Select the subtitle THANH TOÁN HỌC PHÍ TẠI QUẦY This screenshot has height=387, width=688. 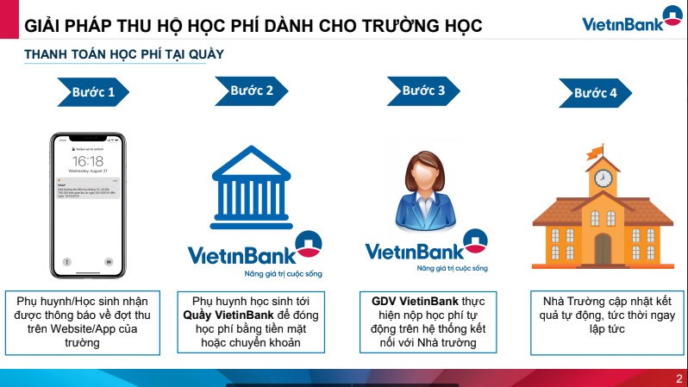124,54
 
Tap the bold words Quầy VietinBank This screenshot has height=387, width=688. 222,315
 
